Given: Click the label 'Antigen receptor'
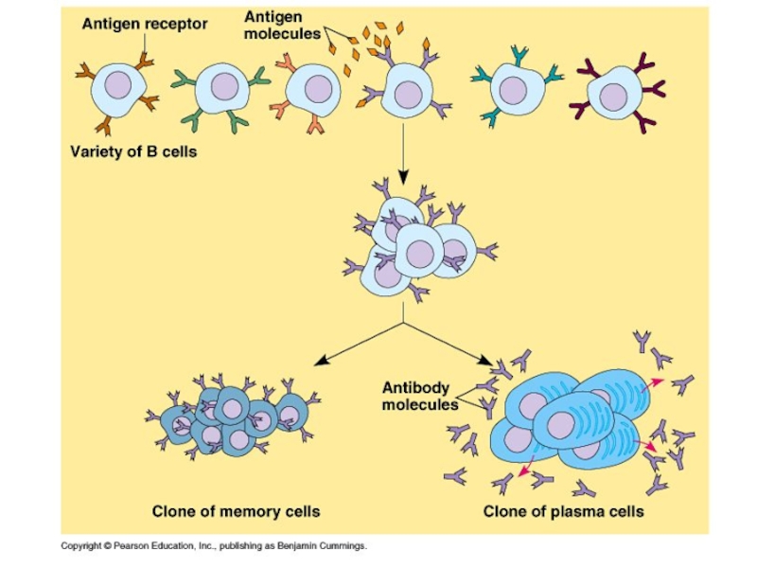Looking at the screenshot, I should coord(145,24).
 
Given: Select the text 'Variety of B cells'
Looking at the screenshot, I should coord(133,151).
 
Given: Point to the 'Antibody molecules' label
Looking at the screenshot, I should coord(419,396).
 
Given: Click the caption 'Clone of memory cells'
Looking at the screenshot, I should coord(237,511).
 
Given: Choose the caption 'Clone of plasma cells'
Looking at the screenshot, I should coord(564,511).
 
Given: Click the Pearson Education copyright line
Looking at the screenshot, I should coord(214,546).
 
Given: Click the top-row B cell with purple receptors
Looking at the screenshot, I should coord(406,92).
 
